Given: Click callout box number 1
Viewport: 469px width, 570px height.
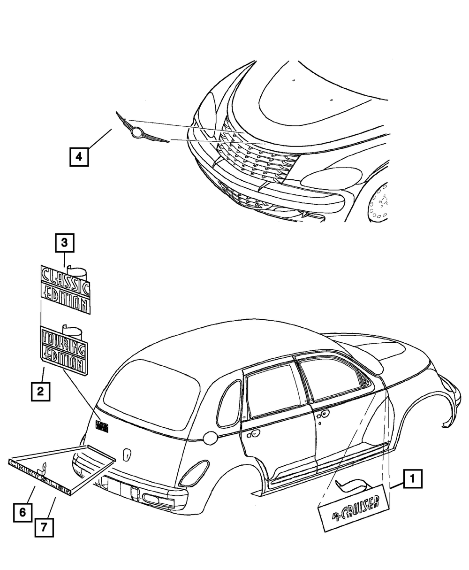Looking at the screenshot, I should coord(412,479).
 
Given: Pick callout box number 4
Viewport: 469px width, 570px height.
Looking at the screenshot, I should coord(79,156).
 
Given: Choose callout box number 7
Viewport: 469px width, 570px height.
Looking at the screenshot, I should coord(44,527).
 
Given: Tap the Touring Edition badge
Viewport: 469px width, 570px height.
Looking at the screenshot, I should coord(64,351).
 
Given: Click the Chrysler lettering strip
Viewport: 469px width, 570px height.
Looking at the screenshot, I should coord(39,477).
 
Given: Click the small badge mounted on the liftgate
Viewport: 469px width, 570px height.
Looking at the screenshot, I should coord(102,425).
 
